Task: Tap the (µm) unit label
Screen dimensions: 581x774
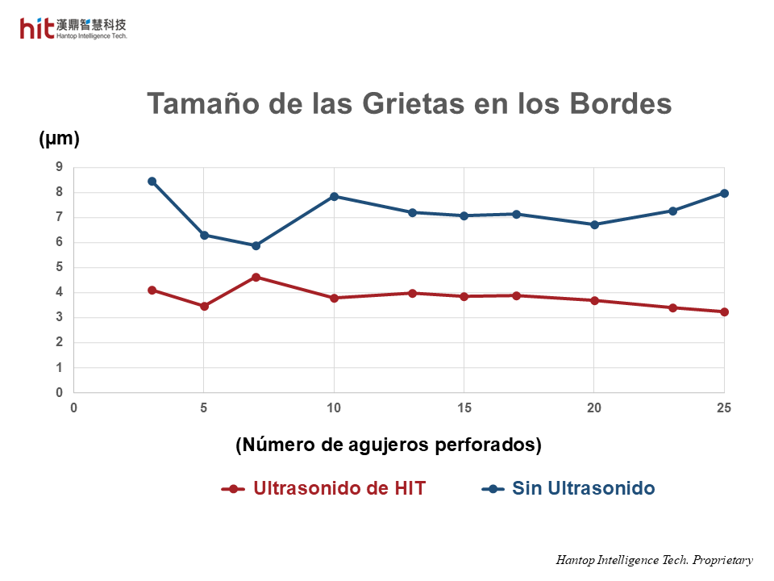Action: point(59,139)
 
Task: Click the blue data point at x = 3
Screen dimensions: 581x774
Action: point(152,182)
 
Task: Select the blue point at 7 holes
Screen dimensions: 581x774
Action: point(256,245)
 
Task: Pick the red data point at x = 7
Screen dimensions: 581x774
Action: point(256,277)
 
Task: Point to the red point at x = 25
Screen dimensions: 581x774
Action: point(724,311)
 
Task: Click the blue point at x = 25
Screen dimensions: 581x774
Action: point(724,193)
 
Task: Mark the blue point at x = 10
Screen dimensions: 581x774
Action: point(334,196)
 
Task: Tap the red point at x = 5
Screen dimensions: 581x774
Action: point(204,306)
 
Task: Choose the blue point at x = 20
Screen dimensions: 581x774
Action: point(594,224)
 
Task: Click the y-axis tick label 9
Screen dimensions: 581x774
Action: point(59,167)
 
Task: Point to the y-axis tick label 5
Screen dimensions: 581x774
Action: point(59,267)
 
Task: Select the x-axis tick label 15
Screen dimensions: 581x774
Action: point(464,408)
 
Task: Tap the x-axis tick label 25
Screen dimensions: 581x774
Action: point(724,408)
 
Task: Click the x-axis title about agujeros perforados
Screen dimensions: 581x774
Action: point(388,445)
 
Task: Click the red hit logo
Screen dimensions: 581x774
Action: point(37,28)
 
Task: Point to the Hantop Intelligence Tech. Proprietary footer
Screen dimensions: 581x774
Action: point(654,560)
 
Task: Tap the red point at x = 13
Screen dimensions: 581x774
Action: point(412,293)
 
